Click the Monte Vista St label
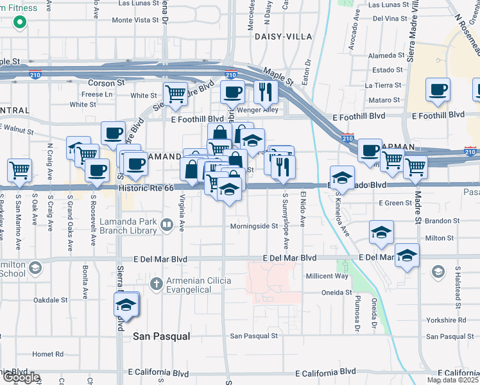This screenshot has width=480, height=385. tap(135, 20)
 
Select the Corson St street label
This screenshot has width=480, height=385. tap(106, 83)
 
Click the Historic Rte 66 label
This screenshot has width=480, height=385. tap(146, 188)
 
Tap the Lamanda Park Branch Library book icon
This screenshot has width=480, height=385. tap(167, 225)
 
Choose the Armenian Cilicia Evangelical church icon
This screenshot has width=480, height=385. tap(156, 283)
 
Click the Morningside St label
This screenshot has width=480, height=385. tap(254, 226)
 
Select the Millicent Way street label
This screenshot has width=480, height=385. tap(327, 276)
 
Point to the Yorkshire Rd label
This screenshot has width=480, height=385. tap(445, 320)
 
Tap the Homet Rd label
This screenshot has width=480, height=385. tap(48, 354)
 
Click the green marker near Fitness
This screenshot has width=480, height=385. tap(20, 22)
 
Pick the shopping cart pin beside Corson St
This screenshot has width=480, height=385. tap(175, 94)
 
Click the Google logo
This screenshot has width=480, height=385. tap(21, 378)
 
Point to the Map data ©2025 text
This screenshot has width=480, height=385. tap(452, 380)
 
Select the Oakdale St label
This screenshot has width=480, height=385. tap(50, 300)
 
